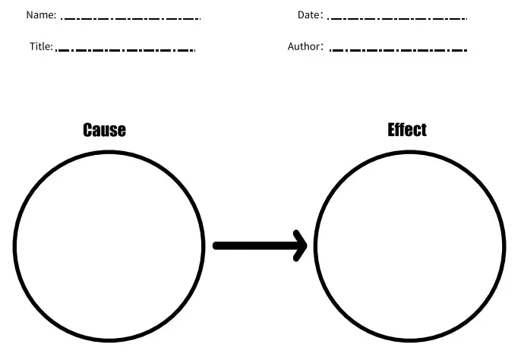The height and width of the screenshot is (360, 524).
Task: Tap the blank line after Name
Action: (131, 18)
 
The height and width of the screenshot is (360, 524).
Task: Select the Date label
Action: (308, 15)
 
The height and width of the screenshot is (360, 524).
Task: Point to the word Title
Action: (39, 46)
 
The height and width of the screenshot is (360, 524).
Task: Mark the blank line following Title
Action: (127, 50)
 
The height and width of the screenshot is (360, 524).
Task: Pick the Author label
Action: (303, 46)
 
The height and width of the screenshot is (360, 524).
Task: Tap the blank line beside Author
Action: (399, 50)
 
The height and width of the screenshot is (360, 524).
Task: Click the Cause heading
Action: (104, 131)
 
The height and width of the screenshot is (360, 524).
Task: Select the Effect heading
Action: (407, 130)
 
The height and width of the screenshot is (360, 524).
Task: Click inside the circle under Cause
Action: (109, 246)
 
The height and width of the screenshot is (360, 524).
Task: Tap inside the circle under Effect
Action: (410, 246)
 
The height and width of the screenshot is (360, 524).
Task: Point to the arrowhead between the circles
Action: (300, 245)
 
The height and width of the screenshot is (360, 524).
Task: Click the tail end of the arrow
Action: (217, 245)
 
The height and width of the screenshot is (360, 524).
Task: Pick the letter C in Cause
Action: (88, 131)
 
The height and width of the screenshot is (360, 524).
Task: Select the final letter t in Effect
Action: (424, 130)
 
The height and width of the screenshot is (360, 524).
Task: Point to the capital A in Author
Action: (291, 46)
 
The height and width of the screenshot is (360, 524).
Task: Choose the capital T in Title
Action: (33, 46)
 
